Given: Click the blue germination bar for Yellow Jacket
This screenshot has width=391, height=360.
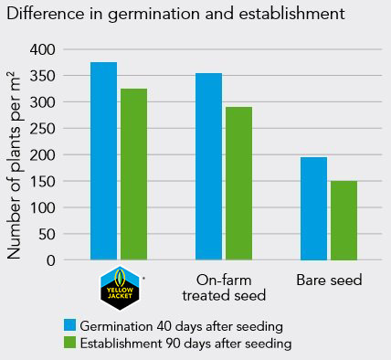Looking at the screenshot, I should click(103, 161).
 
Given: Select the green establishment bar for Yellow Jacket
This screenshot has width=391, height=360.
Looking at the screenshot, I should click(133, 174).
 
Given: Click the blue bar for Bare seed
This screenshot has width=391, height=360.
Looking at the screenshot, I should click(313, 208).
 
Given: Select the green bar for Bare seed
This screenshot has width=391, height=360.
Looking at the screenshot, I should click(343, 220).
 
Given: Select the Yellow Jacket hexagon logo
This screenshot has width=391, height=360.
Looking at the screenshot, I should click(119, 288).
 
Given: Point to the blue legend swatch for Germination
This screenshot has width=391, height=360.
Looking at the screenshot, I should click(70, 325).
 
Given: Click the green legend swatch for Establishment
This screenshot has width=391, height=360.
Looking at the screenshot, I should click(70, 344).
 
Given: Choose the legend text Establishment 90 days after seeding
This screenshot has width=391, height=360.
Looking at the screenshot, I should click(185, 344).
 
